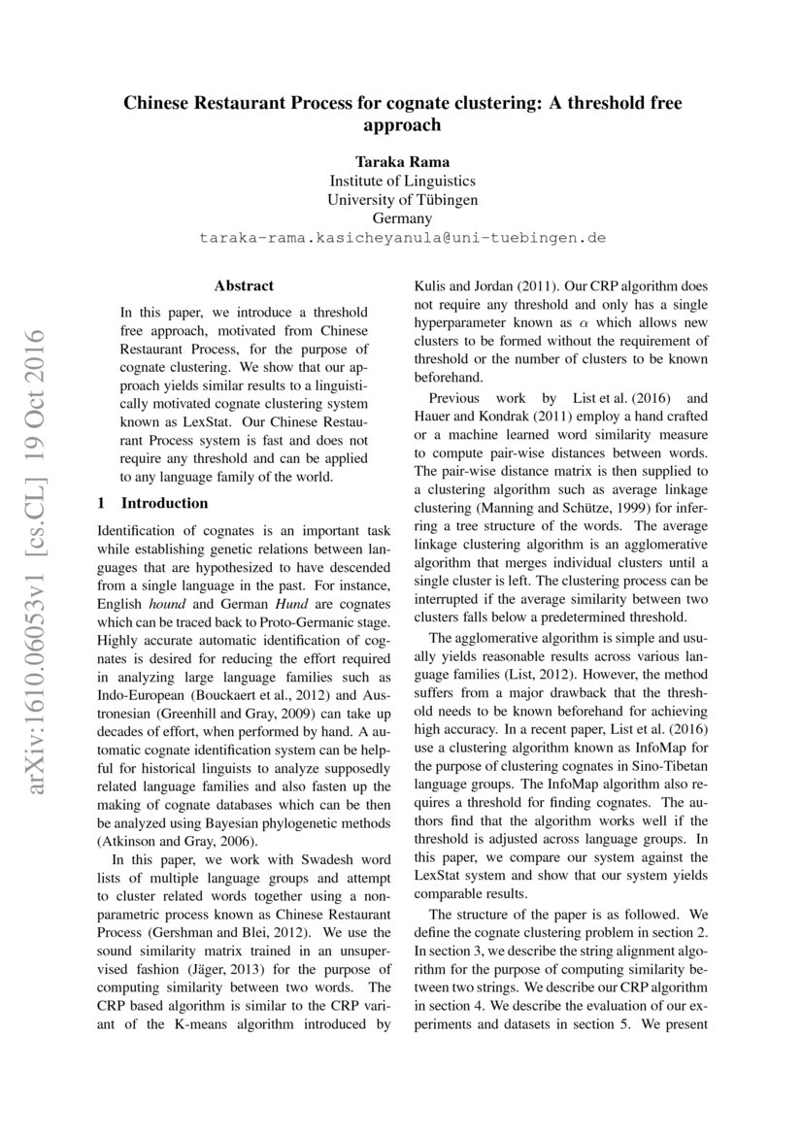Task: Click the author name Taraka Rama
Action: [x=402, y=160]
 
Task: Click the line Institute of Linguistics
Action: [x=402, y=181]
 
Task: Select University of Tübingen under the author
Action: [x=402, y=200]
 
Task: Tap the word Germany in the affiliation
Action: [x=402, y=219]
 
